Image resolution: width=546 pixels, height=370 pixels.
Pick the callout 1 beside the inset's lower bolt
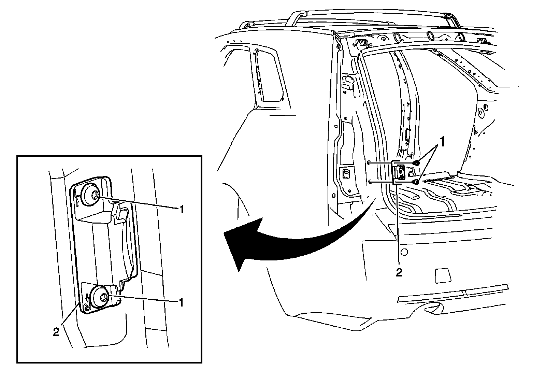click(x=182, y=302)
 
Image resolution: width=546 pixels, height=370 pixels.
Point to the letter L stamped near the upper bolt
click(x=77, y=196)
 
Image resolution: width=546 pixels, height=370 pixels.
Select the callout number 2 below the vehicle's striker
click(x=399, y=272)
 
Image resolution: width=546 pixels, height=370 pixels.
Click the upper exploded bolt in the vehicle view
click(x=416, y=163)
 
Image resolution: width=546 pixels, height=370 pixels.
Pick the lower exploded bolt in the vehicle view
click(x=416, y=182)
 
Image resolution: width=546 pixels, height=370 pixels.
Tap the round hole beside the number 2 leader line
click(x=404, y=252)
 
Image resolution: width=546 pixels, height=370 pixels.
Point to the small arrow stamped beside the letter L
click(x=78, y=203)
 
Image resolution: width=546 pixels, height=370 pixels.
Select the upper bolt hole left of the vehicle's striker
click(x=370, y=163)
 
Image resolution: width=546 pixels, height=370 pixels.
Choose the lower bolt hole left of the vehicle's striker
click(x=370, y=182)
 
